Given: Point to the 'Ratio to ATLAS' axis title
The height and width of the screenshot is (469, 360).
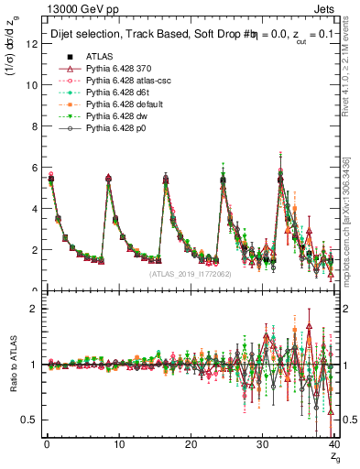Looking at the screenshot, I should (x=13, y=365).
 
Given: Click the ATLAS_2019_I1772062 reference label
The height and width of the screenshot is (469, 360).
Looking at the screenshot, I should (x=190, y=274).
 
